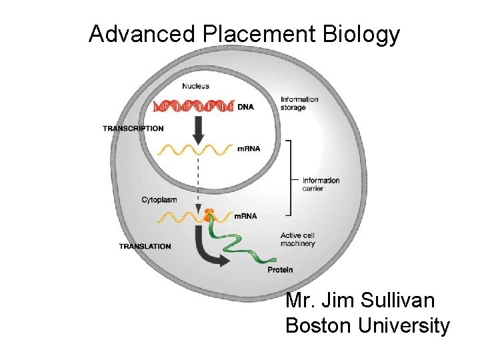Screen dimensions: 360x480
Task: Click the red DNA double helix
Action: (x=193, y=105)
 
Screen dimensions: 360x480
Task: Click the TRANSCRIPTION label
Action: (x=133, y=128)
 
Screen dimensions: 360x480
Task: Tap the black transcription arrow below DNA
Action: (x=198, y=127)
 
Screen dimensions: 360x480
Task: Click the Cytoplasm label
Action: (x=159, y=199)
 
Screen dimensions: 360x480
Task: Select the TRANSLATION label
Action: (x=145, y=246)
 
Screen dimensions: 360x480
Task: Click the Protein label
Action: (x=280, y=269)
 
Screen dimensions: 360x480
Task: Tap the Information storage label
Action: (x=299, y=103)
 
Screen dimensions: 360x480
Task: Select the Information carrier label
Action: (x=321, y=184)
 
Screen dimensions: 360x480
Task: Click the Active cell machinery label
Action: (x=297, y=239)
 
